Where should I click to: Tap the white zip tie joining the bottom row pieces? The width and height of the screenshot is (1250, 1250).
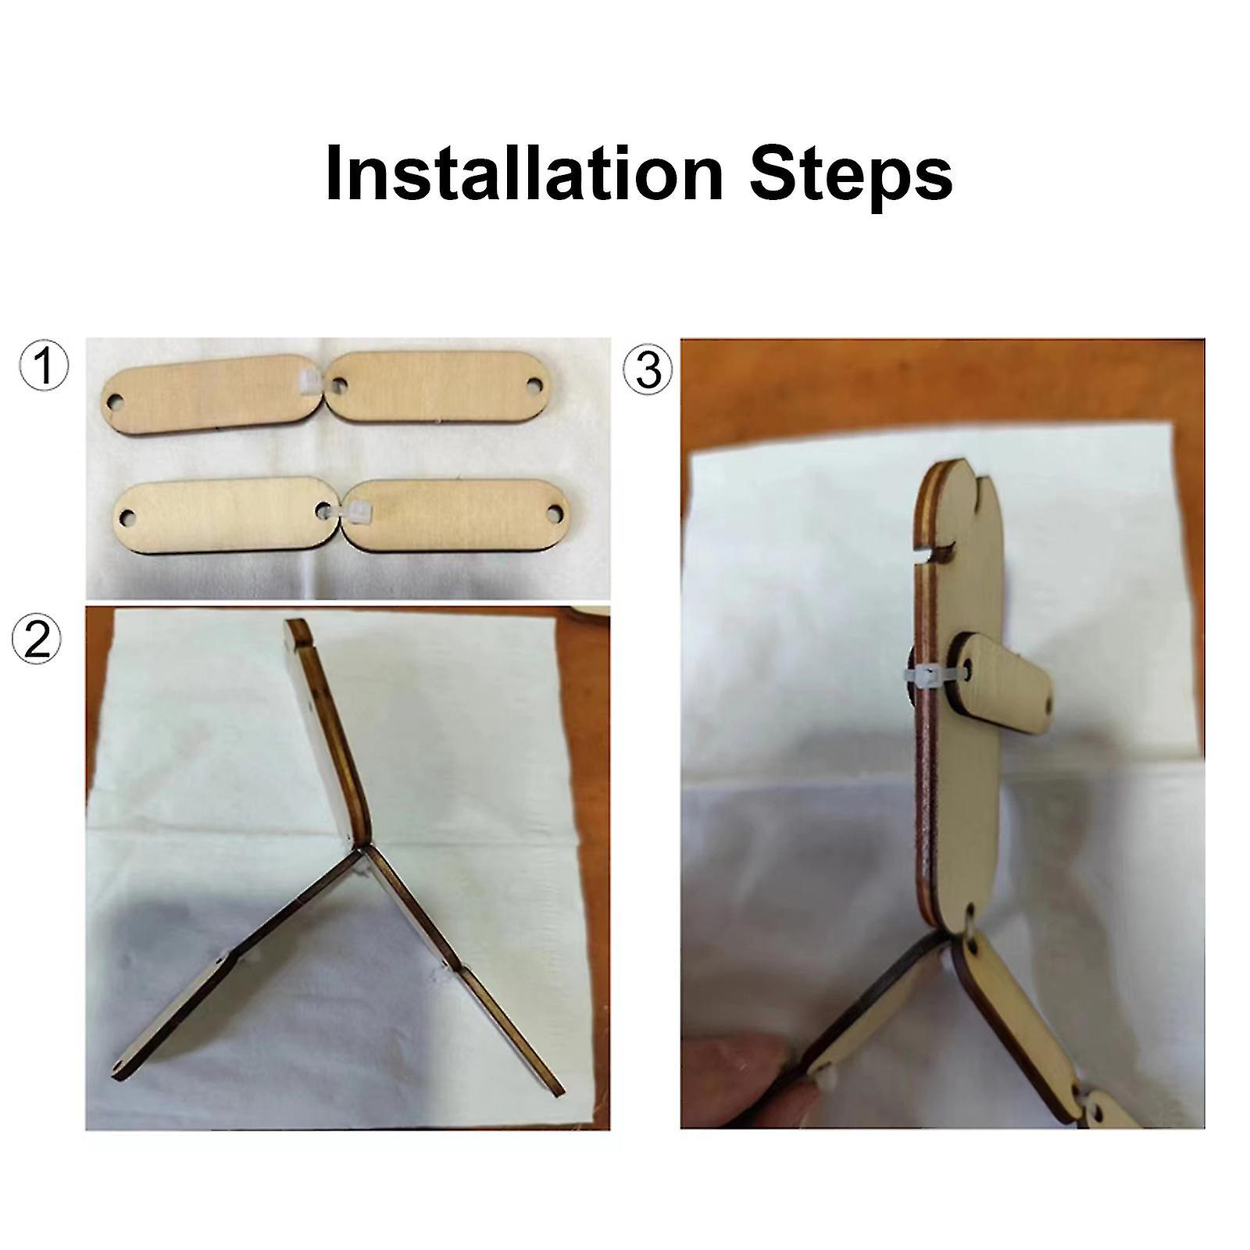[x=350, y=511]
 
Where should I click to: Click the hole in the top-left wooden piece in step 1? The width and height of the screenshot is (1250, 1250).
[x=113, y=403]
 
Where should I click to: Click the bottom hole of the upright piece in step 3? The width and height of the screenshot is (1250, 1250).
[x=970, y=911]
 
